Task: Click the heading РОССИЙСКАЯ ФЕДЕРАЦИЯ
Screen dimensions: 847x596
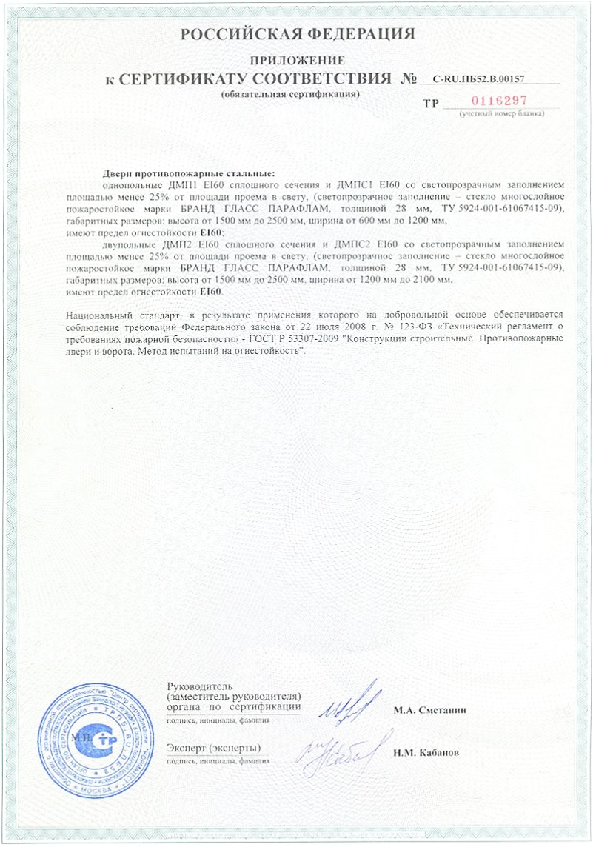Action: click(x=298, y=33)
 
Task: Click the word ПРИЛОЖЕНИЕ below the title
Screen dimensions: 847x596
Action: click(x=298, y=60)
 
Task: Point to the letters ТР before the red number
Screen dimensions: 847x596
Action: click(x=430, y=104)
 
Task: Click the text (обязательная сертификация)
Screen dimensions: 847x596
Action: click(x=290, y=95)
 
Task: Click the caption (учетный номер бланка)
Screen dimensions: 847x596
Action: click(x=501, y=114)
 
